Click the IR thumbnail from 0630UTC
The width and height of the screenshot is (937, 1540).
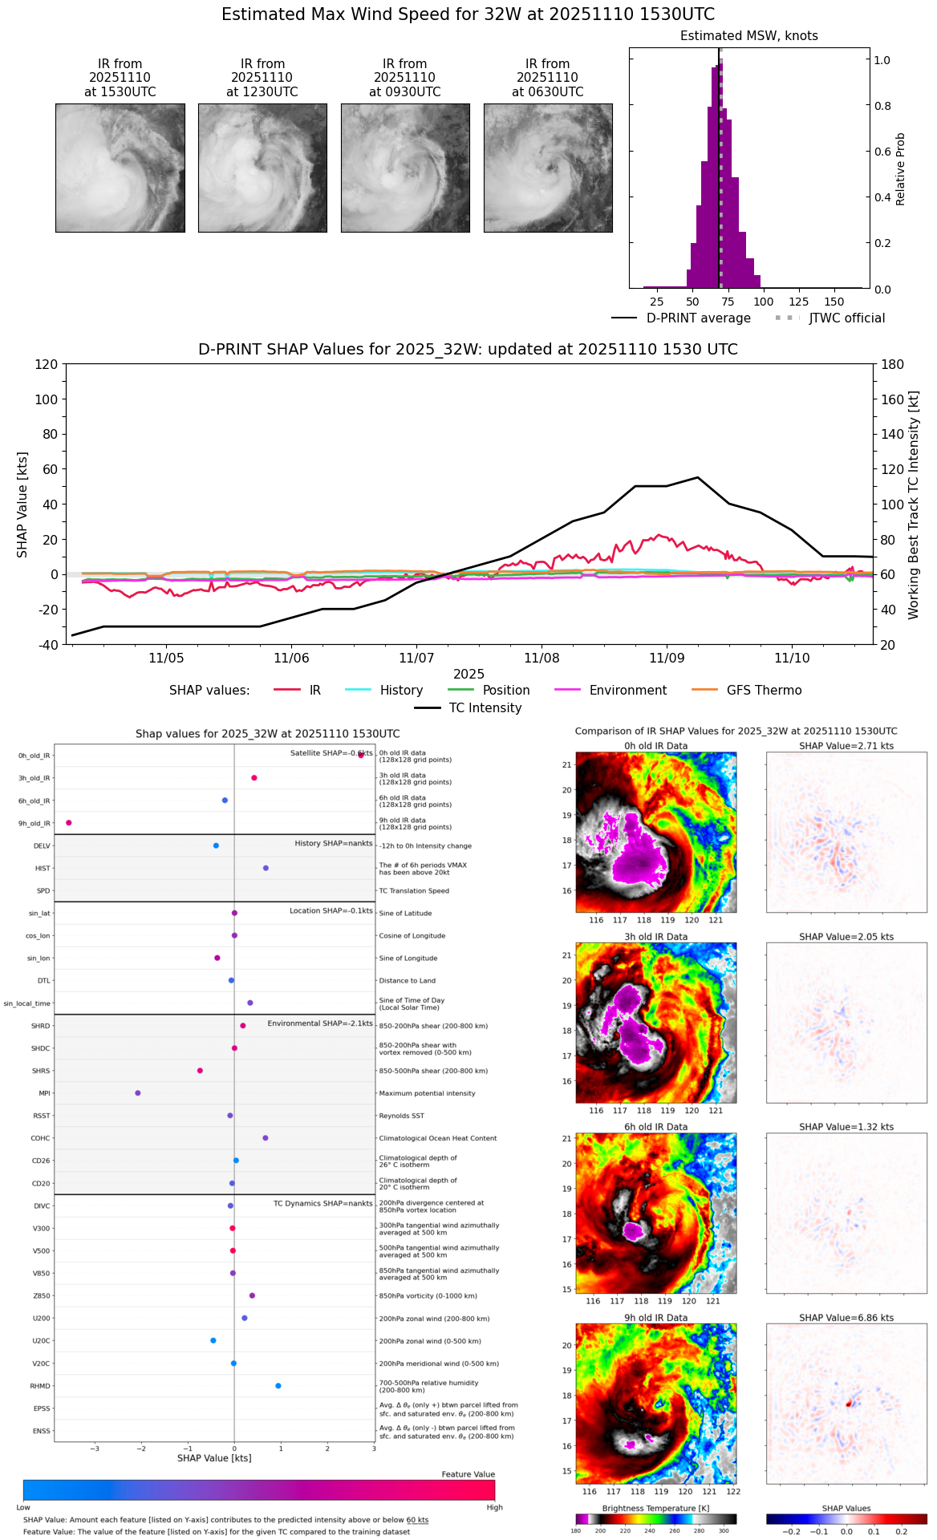pos(548,168)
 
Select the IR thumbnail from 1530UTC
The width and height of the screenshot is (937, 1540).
pos(120,168)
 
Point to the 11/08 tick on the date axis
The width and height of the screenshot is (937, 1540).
pos(542,658)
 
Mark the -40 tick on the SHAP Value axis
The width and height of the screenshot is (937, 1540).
pos(47,645)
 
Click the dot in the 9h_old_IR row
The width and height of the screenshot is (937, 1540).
pos(69,823)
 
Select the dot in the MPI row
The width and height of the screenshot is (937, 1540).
pos(138,1093)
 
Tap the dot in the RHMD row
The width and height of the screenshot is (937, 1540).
pos(278,1386)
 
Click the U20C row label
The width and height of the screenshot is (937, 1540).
pos(41,1341)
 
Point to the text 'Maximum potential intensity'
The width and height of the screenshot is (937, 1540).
pos(427,1093)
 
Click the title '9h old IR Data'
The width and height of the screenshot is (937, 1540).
pos(655,1318)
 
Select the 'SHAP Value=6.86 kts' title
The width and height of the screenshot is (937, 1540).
pos(846,1318)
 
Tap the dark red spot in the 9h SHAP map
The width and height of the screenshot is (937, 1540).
pos(849,1404)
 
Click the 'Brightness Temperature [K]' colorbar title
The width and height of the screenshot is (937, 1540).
pos(655,1509)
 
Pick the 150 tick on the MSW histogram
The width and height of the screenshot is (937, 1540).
pos(834,302)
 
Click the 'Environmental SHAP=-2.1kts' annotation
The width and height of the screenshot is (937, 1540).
pos(320,1023)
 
